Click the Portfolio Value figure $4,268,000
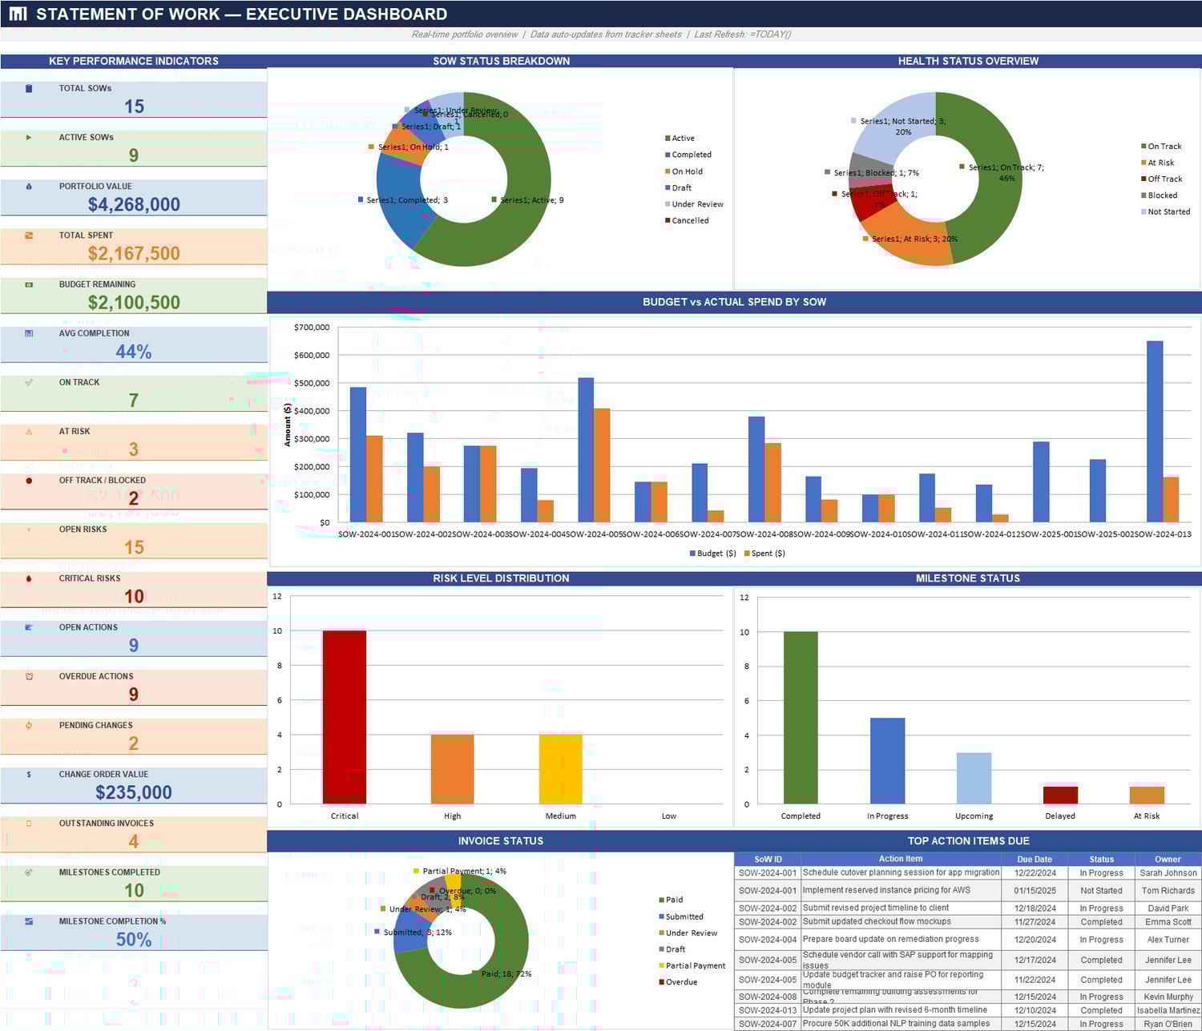pyautogui.click(x=134, y=204)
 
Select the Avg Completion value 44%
pyautogui.click(x=134, y=352)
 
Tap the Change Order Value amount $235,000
pyautogui.click(x=134, y=792)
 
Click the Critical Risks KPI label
pyautogui.click(x=90, y=578)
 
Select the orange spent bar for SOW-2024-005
pyautogui.click(x=602, y=465)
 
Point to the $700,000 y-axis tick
pyautogui.click(x=312, y=327)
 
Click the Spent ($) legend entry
pyautogui.click(x=768, y=554)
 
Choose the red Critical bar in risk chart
pyautogui.click(x=345, y=717)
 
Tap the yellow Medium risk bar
pyautogui.click(x=561, y=769)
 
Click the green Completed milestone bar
pyautogui.click(x=801, y=717)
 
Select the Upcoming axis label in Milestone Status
pyautogui.click(x=974, y=816)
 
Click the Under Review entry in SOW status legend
pyautogui.click(x=697, y=204)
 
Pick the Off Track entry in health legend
pyautogui.click(x=1164, y=179)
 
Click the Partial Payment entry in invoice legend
pyautogui.click(x=695, y=966)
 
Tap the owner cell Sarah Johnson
pyautogui.click(x=1168, y=873)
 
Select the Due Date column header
pyautogui.click(x=1035, y=859)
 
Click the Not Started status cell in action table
pyautogui.click(x=1101, y=891)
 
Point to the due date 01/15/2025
pyautogui.click(x=1035, y=891)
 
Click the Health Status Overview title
pyautogui.click(x=968, y=61)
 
